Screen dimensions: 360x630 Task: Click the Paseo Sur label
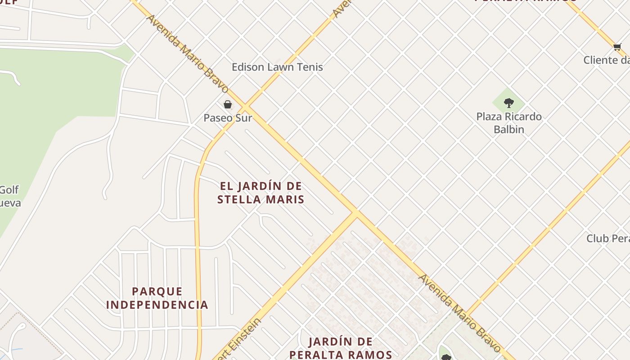[x=228, y=118]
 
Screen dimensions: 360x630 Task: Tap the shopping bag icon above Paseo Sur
[x=228, y=104]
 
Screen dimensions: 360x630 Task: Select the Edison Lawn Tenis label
[x=277, y=67]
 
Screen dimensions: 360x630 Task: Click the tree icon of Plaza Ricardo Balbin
[x=509, y=103]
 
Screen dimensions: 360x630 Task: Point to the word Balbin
[x=509, y=130]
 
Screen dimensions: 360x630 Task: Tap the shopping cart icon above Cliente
[x=617, y=47]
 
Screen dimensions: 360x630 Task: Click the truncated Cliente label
[x=607, y=60]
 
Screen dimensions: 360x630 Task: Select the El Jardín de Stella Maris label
[x=261, y=193]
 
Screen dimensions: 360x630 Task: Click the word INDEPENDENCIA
[x=157, y=305]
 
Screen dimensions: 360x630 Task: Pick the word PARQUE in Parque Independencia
[x=157, y=292]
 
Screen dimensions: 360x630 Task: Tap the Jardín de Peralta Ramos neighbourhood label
[x=341, y=348]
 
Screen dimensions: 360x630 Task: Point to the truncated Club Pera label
[x=608, y=238]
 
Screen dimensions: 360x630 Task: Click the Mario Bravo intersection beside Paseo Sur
[x=245, y=107]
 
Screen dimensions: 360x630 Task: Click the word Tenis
[x=307, y=67]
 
